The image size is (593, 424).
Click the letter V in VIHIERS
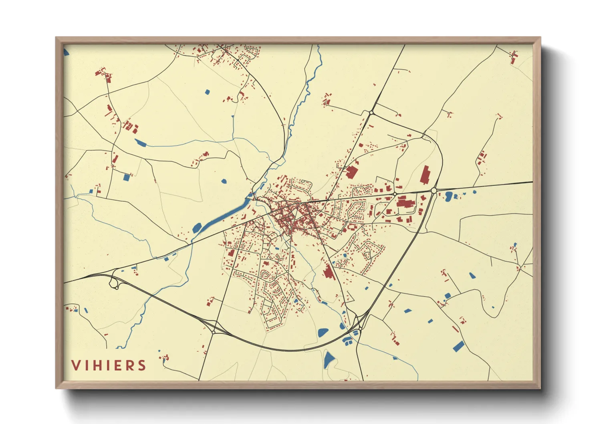coord(75,365)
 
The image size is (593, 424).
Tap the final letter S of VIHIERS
coord(141,365)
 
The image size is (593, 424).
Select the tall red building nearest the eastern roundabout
coord(425,175)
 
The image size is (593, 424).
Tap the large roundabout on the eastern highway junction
coord(434,191)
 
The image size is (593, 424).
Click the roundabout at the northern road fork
coord(371,113)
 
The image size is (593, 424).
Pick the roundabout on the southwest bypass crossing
coord(214,332)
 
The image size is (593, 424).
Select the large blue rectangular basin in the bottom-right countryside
coord(458,346)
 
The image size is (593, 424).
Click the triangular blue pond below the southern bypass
coord(329,359)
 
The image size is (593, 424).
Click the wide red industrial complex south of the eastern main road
coord(405,202)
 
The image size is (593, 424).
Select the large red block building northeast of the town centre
coord(352,172)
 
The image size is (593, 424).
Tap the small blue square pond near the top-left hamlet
coord(207,92)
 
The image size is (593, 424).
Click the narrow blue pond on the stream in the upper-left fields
coord(141,142)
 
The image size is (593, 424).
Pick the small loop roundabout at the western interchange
coord(116,288)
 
